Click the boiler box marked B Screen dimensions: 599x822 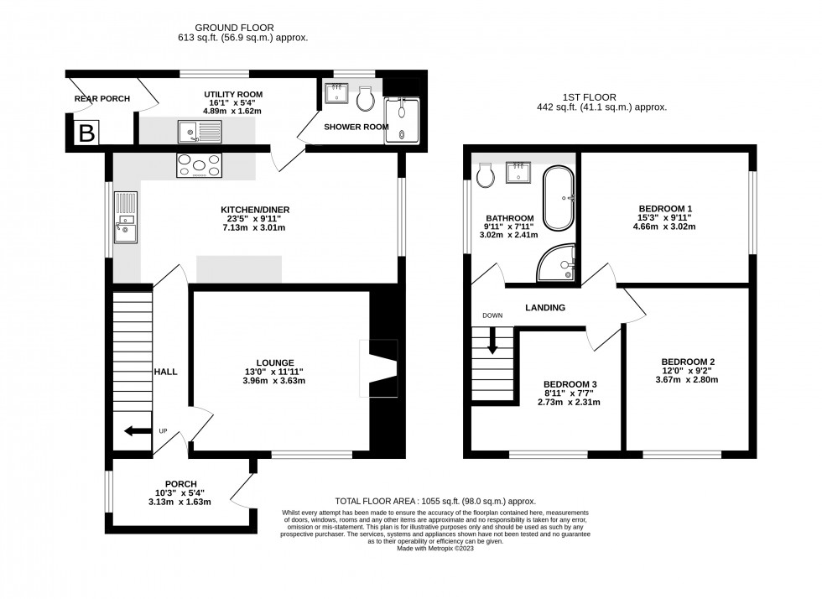pyautogui.click(x=86, y=133)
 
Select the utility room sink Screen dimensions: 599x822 pyautogui.click(x=198, y=130)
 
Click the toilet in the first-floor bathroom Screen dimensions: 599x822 pyautogui.click(x=484, y=175)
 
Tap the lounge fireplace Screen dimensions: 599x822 pyautogui.click(x=377, y=368)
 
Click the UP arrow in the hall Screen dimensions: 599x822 pyautogui.click(x=132, y=431)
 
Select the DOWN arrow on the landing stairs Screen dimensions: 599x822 pyautogui.click(x=492, y=340)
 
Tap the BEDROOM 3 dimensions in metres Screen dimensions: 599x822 pyautogui.click(x=569, y=403)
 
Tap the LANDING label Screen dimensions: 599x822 pyautogui.click(x=545, y=308)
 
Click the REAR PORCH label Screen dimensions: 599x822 pyautogui.click(x=102, y=99)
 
